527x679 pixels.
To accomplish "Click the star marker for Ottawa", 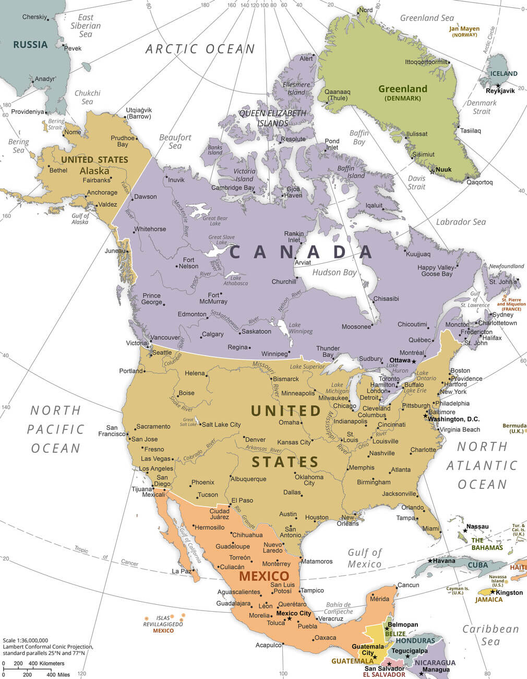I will point(414,361).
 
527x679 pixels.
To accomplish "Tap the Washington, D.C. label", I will point(453,419).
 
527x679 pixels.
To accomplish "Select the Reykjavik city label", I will point(500,90).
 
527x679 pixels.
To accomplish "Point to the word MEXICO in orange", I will point(264,577).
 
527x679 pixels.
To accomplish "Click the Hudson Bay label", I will point(334,272).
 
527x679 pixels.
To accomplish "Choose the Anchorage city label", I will point(102,192).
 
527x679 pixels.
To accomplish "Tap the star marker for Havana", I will point(430,561).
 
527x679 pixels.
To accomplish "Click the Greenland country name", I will point(403,89).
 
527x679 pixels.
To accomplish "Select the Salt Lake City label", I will point(221,425).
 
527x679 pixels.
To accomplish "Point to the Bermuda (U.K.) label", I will point(514,428).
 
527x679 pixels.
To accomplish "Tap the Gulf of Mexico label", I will point(365,558).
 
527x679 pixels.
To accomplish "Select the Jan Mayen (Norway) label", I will point(464,31).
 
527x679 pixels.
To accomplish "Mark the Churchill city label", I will point(284,282).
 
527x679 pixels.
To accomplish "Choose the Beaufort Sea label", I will point(175,142).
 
